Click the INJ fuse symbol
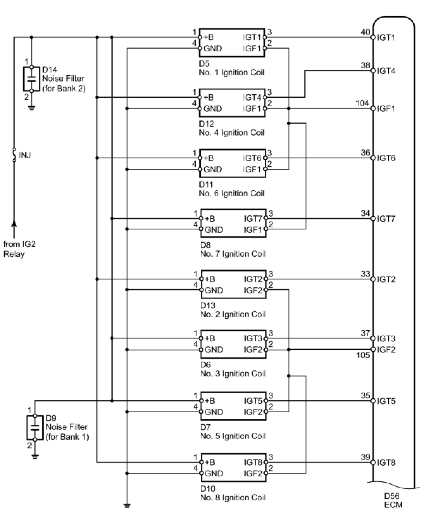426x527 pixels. [14, 155]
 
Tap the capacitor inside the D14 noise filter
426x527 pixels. [31, 79]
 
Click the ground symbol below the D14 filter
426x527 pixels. [31, 108]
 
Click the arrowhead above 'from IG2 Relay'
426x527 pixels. [14, 224]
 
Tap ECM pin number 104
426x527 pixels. [362, 103]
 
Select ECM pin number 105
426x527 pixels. [363, 355]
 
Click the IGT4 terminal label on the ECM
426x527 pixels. [386, 71]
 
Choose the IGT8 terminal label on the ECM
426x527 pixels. [386, 462]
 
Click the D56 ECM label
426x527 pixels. [393, 501]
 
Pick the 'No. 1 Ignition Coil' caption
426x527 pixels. [231, 72]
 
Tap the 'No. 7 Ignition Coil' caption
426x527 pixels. [233, 254]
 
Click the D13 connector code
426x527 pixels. [207, 306]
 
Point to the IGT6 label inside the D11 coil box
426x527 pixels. [252, 158]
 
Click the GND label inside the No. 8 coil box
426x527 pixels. [214, 473]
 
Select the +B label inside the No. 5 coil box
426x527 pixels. [210, 401]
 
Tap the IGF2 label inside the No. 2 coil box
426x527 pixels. [253, 290]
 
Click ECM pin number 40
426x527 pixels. [365, 32]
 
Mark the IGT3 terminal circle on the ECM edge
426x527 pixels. [373, 338]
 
